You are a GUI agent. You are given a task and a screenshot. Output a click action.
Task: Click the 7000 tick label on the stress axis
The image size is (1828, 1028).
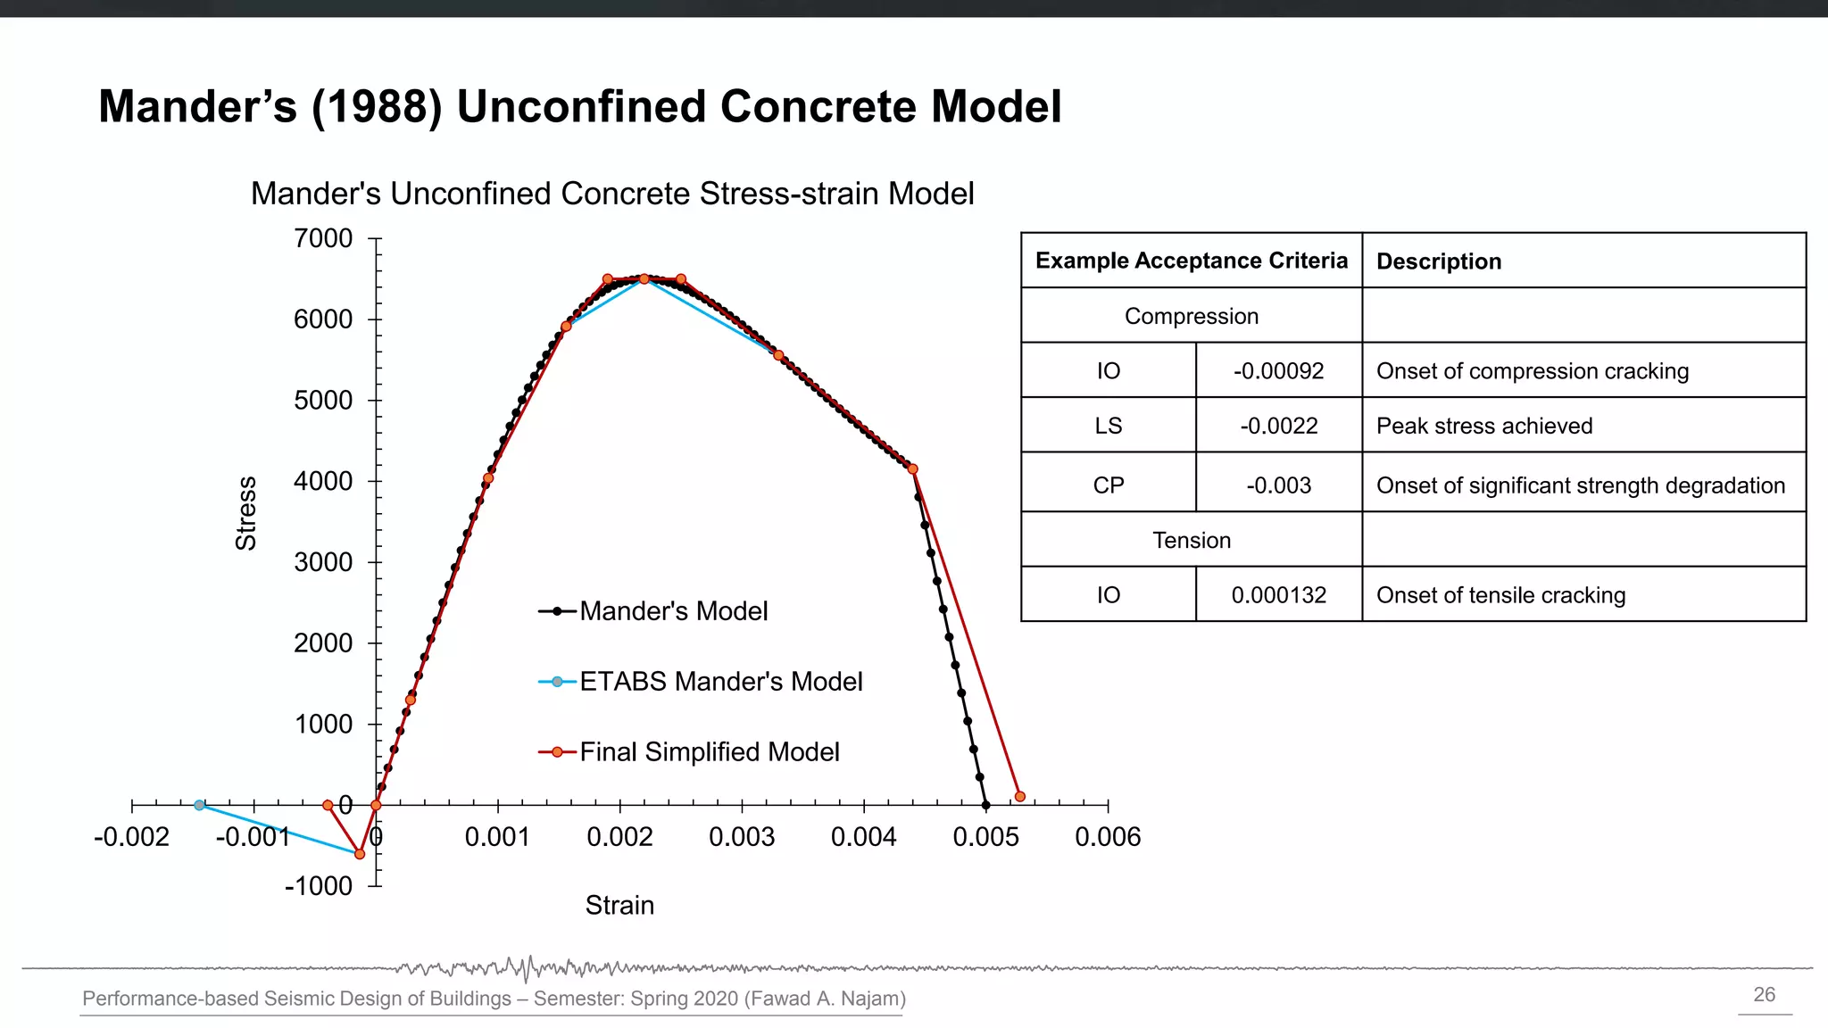[323, 239]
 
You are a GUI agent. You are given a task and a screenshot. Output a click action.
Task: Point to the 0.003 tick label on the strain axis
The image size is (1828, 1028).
[742, 838]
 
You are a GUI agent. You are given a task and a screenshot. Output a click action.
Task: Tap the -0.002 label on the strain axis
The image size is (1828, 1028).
[131, 838]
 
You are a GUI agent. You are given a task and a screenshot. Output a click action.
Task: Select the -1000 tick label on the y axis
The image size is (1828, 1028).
[319, 886]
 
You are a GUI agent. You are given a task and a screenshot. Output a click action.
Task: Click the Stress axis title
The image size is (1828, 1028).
[245, 513]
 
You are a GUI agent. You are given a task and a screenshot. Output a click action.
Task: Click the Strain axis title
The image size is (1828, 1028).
[619, 906]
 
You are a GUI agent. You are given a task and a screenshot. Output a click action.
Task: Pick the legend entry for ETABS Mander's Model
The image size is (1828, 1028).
[720, 682]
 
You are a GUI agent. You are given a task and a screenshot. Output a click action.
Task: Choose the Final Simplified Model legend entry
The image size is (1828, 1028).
[709, 752]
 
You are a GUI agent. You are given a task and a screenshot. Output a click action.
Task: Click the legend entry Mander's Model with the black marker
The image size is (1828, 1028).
[673, 611]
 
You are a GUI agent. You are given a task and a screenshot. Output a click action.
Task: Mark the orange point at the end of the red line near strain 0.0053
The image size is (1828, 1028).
[1019, 796]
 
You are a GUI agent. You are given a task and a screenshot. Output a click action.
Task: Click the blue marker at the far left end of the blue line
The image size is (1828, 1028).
[200, 805]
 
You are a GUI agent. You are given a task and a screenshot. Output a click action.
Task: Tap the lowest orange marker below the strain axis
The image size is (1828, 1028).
[360, 854]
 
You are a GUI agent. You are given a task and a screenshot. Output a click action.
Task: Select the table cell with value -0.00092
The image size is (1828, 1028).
[1278, 371]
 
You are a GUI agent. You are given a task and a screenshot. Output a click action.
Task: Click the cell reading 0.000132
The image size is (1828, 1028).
[1278, 595]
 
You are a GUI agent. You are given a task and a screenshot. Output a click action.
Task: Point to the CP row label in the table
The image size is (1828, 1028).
[1108, 485]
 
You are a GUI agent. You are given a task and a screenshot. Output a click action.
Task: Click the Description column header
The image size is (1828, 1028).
[1438, 261]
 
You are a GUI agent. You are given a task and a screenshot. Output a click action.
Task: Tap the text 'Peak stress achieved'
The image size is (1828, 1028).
[1483, 427]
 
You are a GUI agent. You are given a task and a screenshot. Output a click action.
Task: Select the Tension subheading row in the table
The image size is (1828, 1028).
[1191, 541]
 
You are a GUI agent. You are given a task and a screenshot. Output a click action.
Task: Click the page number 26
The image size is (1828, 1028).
[1764, 995]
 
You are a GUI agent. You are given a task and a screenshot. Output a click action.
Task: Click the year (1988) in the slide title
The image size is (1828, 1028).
[377, 107]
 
